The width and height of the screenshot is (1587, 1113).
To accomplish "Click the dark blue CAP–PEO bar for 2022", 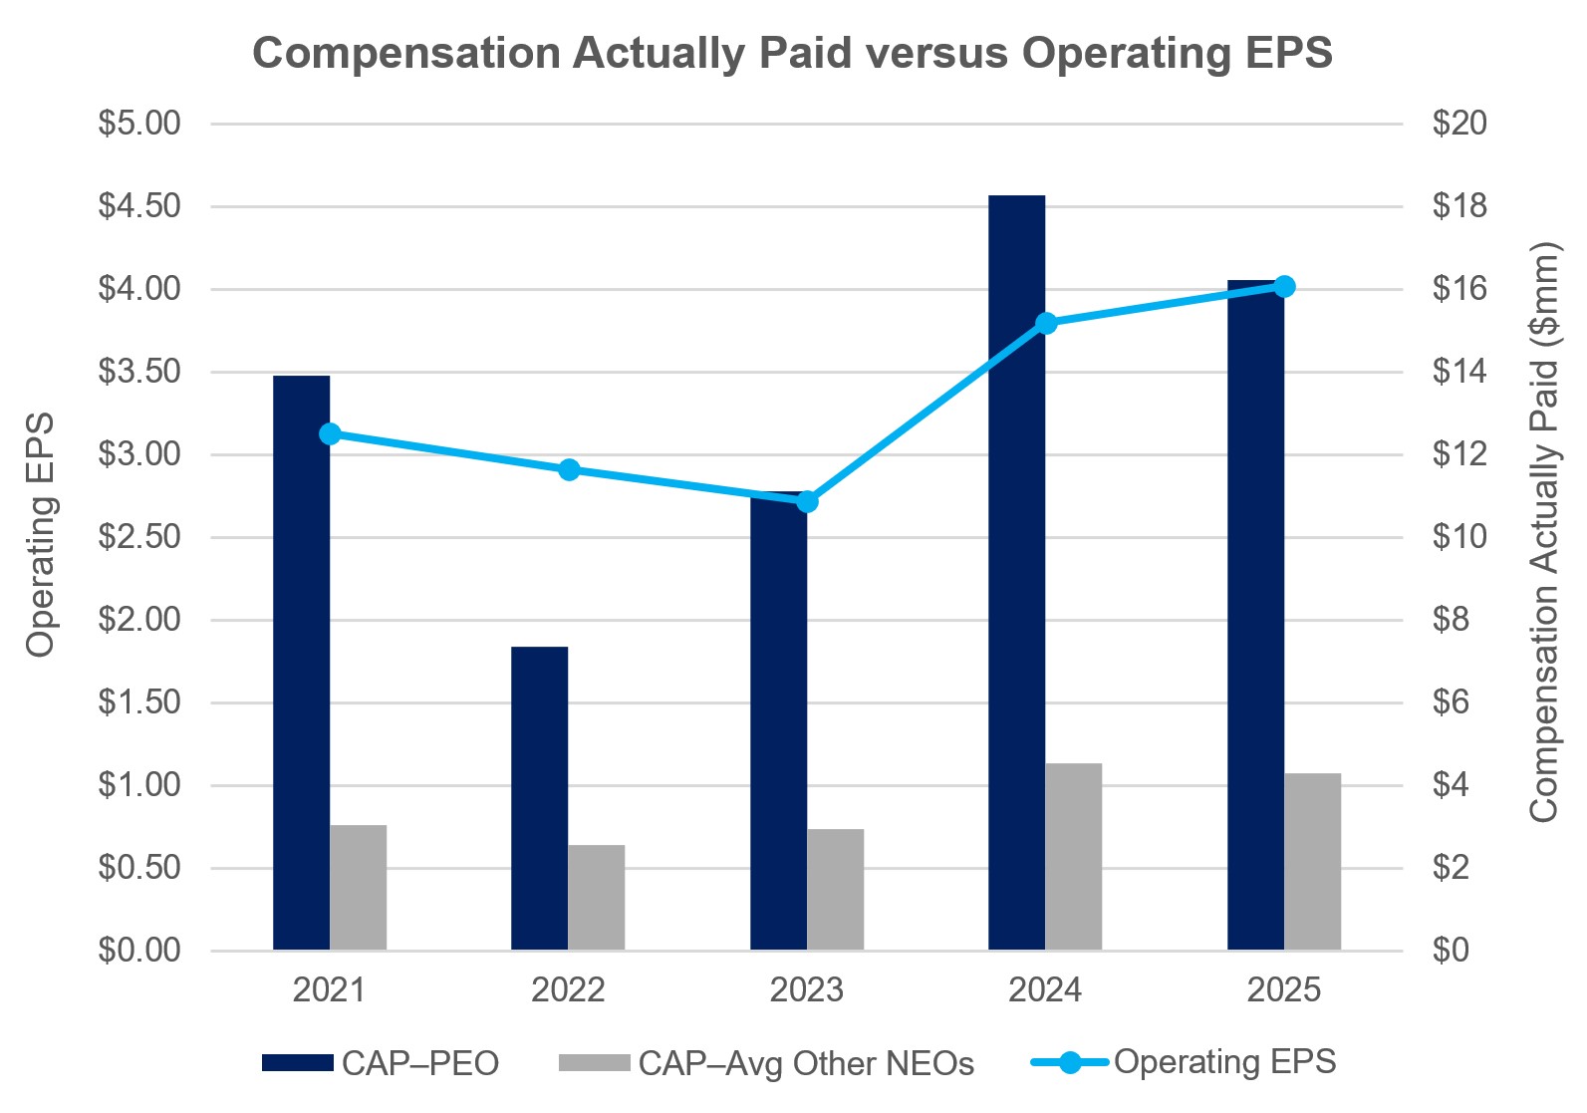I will (x=539, y=797).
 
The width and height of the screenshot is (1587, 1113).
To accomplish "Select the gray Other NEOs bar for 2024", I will (x=1073, y=857).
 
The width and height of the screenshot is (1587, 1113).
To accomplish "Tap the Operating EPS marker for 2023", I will (x=807, y=501).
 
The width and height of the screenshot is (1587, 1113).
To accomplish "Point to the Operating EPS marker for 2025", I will (x=1284, y=287).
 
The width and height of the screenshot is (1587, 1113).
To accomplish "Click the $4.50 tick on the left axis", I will (x=138, y=206).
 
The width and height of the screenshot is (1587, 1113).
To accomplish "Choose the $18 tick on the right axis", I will (x=1458, y=206).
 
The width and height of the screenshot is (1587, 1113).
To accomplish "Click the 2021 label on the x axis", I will (x=329, y=989).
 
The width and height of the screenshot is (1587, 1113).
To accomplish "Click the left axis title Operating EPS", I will (x=41, y=535).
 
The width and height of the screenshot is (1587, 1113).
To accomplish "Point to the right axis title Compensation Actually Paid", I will (x=1543, y=532).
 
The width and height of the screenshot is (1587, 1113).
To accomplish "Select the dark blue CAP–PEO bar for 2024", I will (x=1016, y=573).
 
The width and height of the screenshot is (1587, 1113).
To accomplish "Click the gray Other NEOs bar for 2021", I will (x=358, y=887).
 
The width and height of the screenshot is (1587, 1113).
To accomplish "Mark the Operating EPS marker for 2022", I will (x=569, y=470).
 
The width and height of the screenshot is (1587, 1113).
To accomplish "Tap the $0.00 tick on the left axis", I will (x=138, y=950).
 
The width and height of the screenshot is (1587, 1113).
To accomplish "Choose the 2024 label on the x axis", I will (x=1044, y=989).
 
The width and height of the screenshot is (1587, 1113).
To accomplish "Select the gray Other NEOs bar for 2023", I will (x=835, y=889).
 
